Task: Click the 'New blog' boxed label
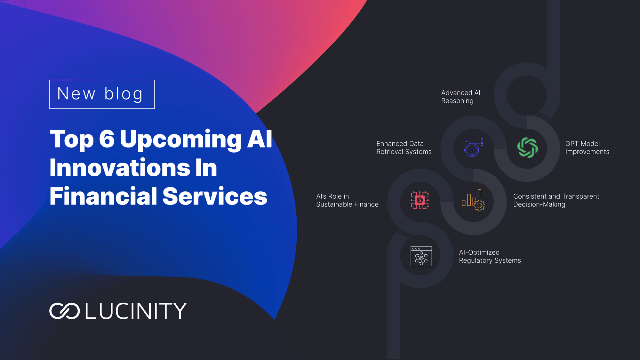pos(102,94)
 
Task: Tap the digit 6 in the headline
pos(107,139)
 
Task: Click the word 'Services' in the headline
pos(215,196)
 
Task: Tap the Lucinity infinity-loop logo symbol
pos(65,311)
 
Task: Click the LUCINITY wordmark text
pos(136,311)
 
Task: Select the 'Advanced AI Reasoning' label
pos(461,97)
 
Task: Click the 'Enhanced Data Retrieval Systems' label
pos(404,148)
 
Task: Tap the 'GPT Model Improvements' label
pos(587,148)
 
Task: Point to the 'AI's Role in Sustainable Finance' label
pos(347,200)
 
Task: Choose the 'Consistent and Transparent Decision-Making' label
pos(556,200)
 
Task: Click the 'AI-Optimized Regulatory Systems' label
pos(490,256)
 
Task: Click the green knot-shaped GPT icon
pos(527,148)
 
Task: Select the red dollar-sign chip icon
pos(420,200)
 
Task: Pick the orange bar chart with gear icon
pos(474,200)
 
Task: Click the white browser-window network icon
pos(421,256)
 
